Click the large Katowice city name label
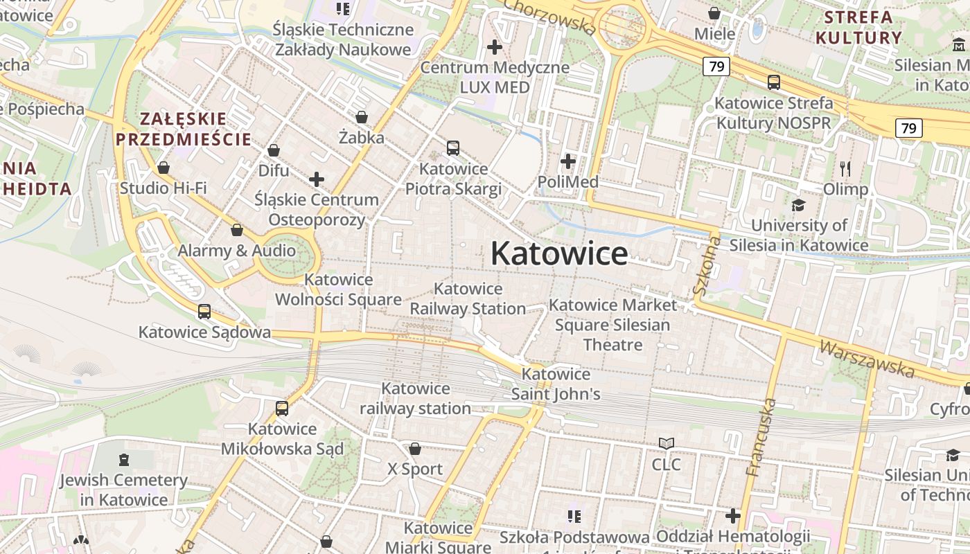click(x=559, y=253)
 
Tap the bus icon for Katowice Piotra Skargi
click(x=452, y=148)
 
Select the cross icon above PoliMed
click(x=568, y=161)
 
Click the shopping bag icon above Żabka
click(x=361, y=117)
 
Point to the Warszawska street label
click(x=866, y=359)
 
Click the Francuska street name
click(x=761, y=437)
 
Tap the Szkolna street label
click(x=707, y=266)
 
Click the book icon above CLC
click(x=666, y=443)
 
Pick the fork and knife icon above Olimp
click(x=845, y=168)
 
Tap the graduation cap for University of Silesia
click(x=798, y=205)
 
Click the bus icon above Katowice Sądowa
click(x=204, y=312)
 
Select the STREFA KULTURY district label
click(x=858, y=27)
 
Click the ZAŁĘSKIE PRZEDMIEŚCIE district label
click(x=183, y=129)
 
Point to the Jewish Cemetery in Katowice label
click(x=123, y=490)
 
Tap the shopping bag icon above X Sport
click(x=414, y=449)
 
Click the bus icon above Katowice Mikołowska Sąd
click(x=281, y=409)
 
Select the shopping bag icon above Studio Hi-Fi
click(x=164, y=168)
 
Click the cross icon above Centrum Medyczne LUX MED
click(x=494, y=47)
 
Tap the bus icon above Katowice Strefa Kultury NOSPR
click(x=773, y=82)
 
